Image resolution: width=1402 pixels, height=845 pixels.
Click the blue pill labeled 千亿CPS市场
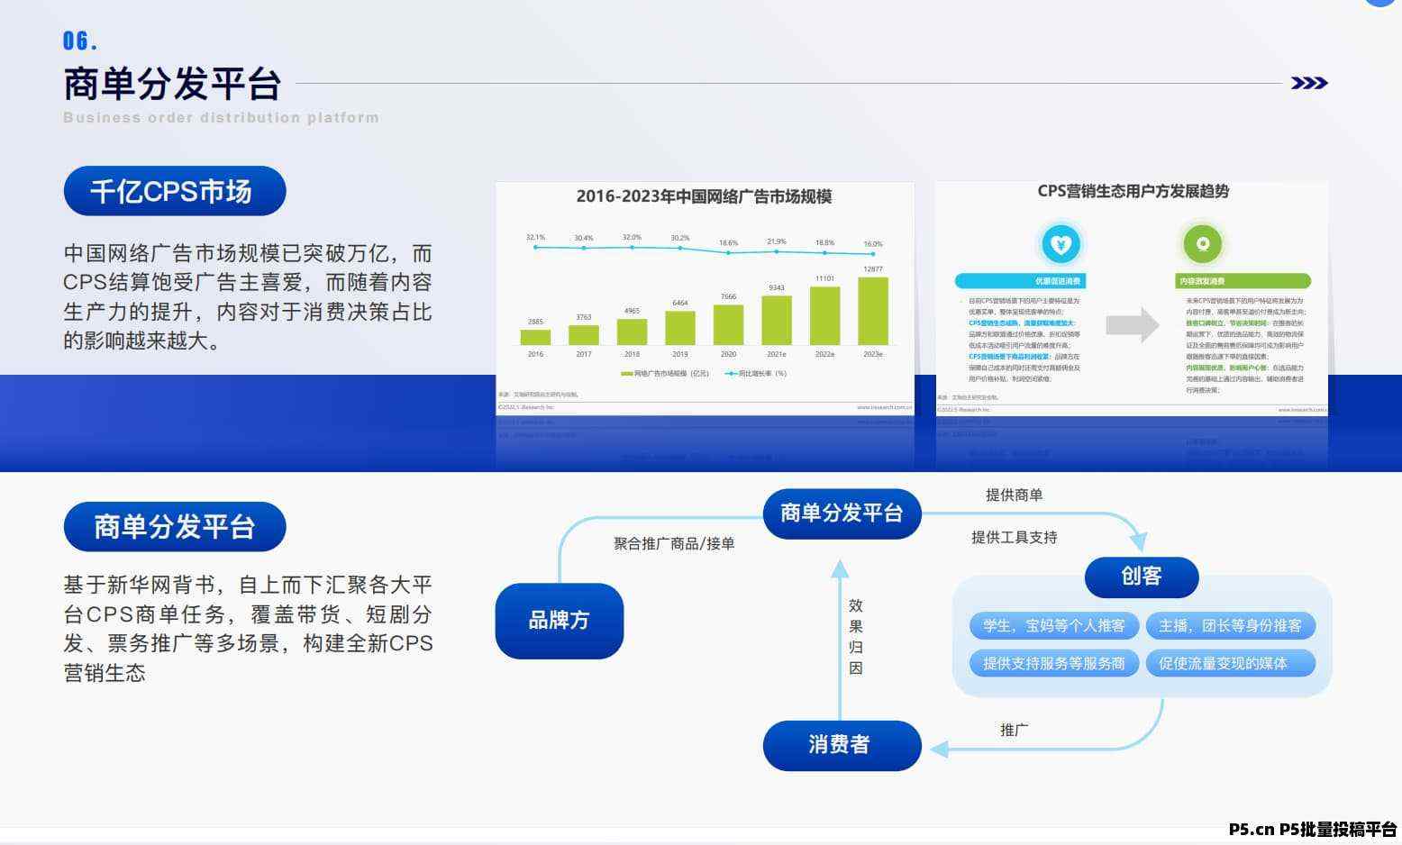[x=174, y=191]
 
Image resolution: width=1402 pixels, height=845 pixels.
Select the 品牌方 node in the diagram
[x=559, y=621]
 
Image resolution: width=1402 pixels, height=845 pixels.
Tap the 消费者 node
[x=841, y=745]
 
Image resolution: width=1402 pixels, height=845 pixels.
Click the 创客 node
[x=1141, y=577]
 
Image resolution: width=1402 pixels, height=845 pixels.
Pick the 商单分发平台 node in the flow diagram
[x=842, y=513]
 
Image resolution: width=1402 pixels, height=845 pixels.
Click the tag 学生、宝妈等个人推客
[x=1053, y=625]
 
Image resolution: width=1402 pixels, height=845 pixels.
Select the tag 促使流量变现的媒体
[x=1229, y=664]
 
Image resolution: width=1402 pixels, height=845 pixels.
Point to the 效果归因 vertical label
[x=855, y=636]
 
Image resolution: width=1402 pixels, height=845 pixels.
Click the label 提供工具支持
[x=1014, y=538]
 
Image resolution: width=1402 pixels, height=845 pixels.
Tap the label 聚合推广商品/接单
[x=673, y=543]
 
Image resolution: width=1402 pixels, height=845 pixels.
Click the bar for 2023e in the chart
[x=872, y=312]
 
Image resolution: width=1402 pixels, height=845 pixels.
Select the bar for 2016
[x=535, y=337]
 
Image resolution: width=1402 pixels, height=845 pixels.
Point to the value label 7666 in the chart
[x=728, y=296]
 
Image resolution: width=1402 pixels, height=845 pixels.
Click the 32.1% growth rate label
[x=535, y=238]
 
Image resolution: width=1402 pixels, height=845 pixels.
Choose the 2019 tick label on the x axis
[x=679, y=354]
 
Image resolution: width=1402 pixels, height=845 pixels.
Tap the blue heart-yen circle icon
[x=1061, y=244]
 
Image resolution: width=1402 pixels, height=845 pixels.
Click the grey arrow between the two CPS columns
[x=1132, y=325]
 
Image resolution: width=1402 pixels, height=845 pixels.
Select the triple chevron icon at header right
[x=1308, y=84]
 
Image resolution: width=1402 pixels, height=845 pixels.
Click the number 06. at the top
[x=79, y=41]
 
